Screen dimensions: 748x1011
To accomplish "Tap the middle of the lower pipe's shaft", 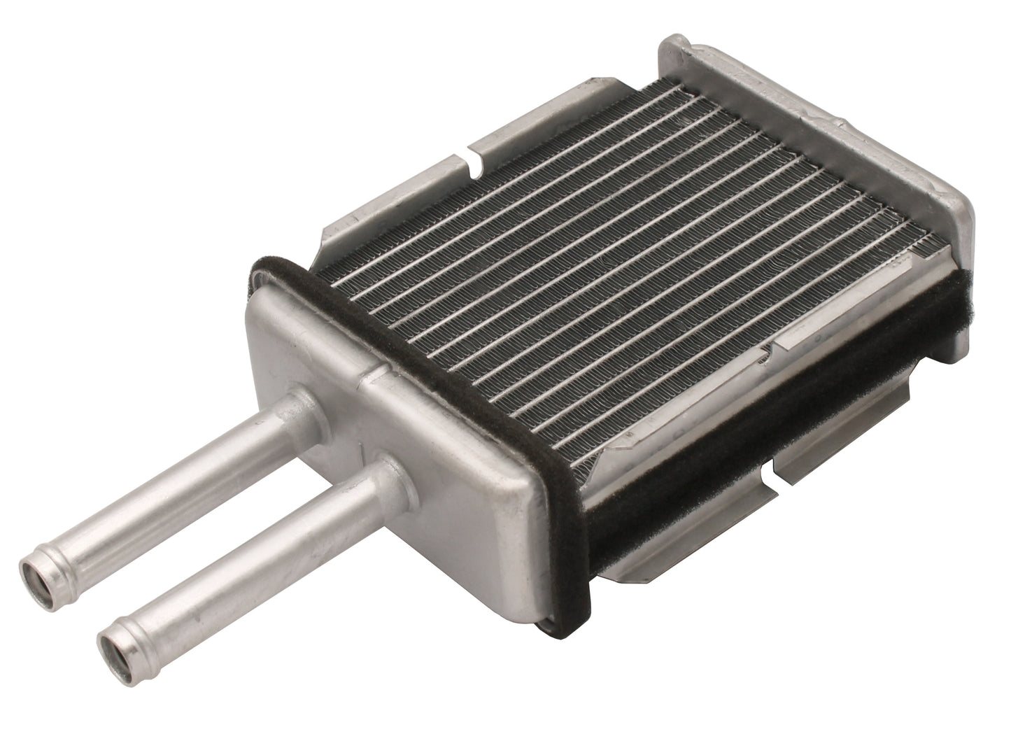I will [245, 553].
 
